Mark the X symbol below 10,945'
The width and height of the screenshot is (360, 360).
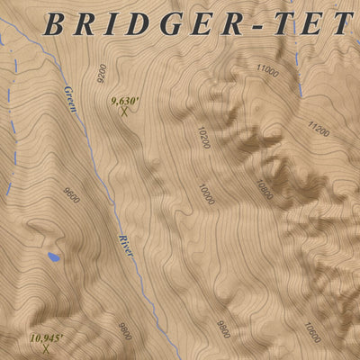coord(45,348)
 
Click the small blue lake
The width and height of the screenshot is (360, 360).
coord(54,257)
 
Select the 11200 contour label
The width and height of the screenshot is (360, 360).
coord(318,131)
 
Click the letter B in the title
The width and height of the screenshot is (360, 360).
coord(54,24)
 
